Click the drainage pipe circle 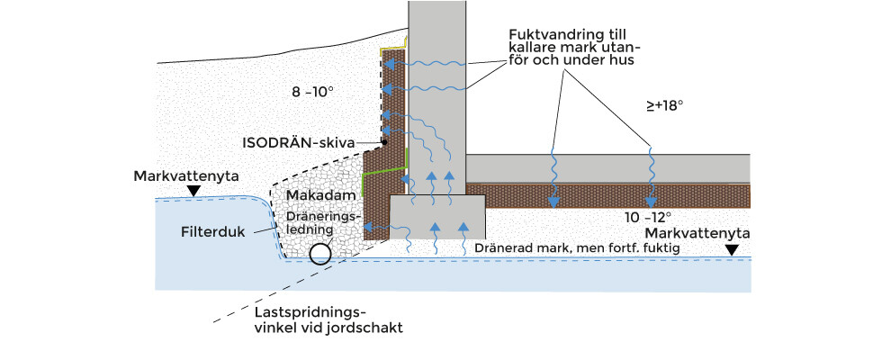[x=319, y=253]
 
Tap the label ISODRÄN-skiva [x=299, y=142]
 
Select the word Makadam [x=314, y=195]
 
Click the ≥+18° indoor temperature [x=665, y=105]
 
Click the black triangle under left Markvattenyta [x=193, y=190]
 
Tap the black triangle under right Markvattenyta [x=733, y=249]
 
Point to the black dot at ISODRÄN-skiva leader [x=383, y=142]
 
